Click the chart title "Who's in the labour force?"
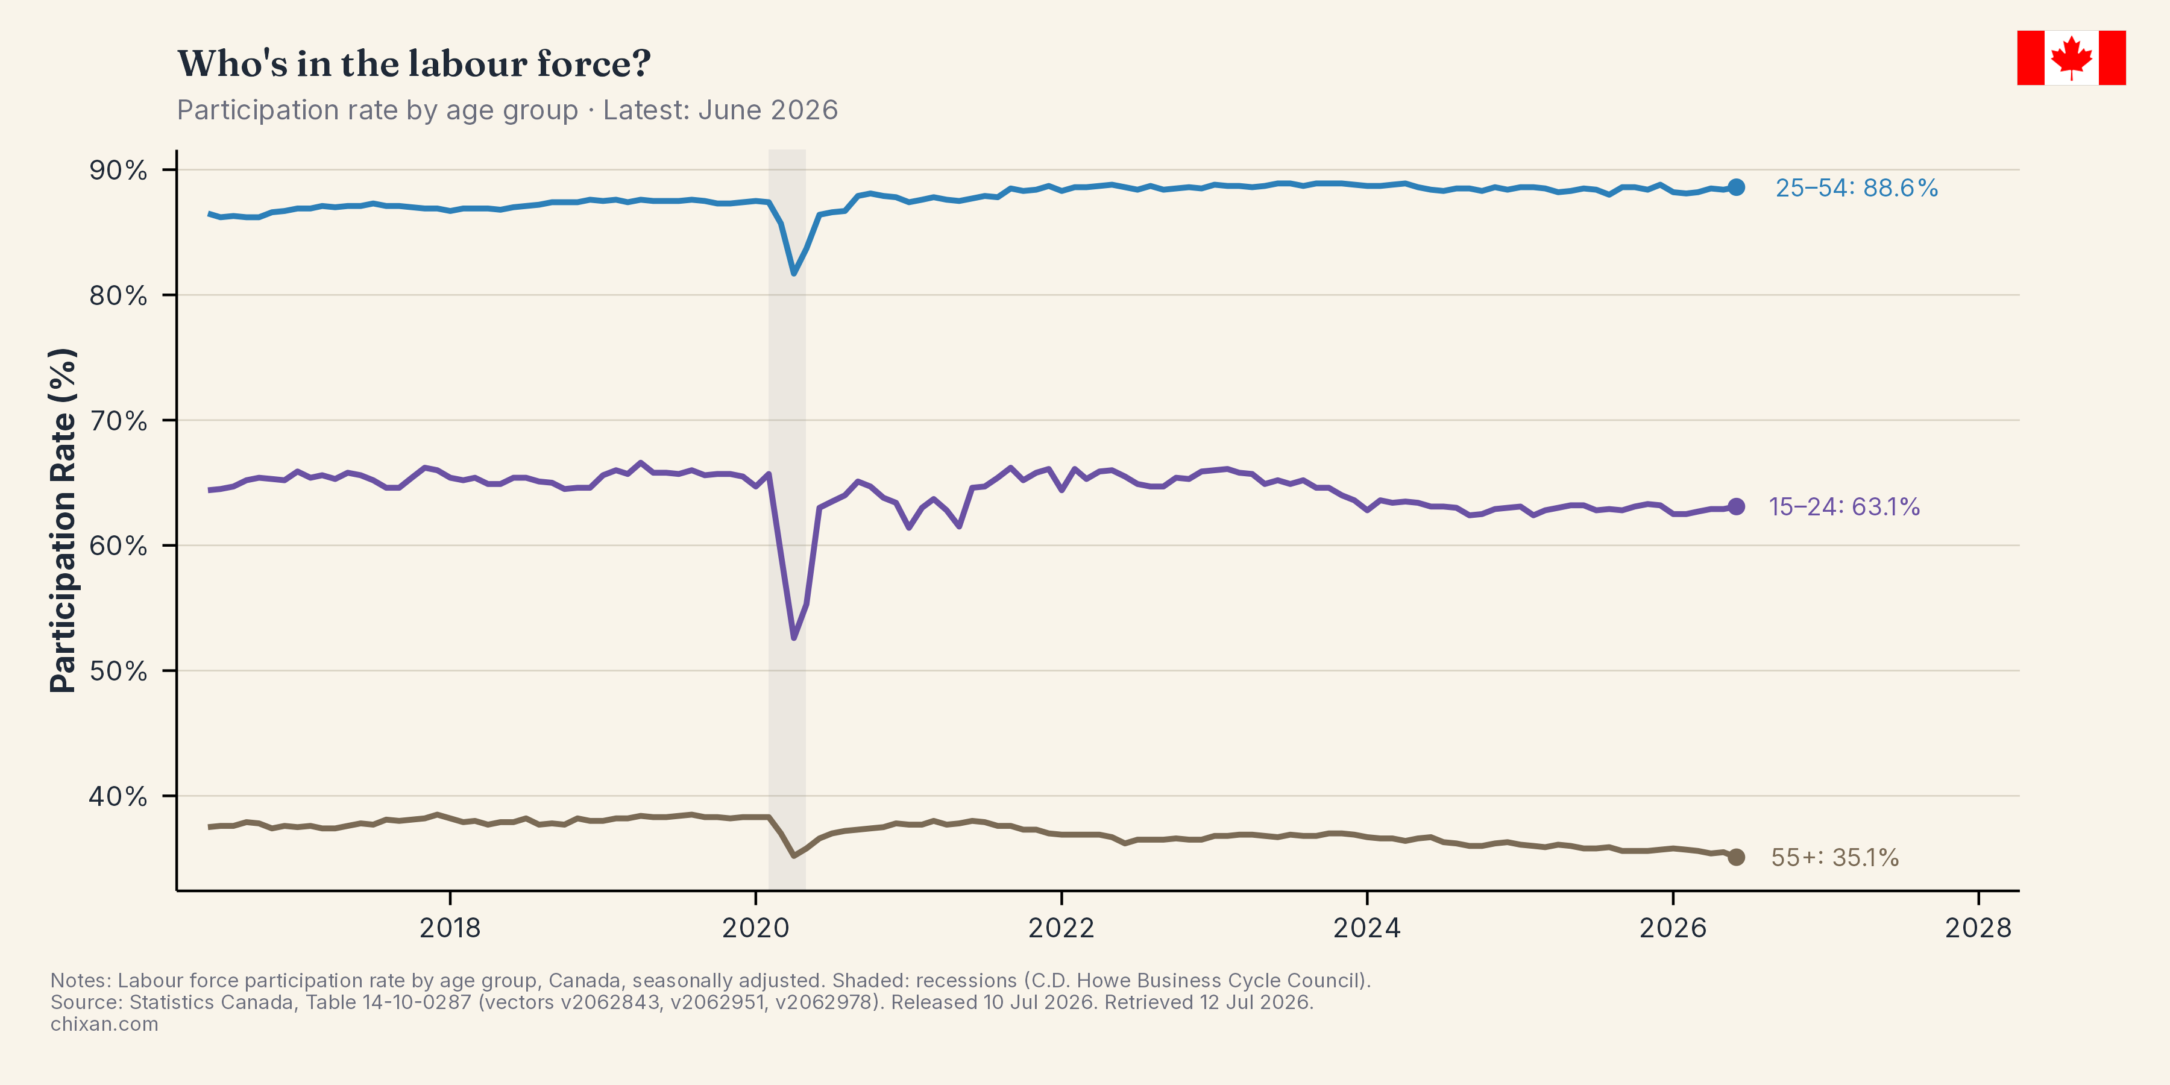point(414,64)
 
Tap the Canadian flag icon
point(2071,58)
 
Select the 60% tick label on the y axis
point(119,546)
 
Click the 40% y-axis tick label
point(119,796)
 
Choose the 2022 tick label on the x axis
point(1061,928)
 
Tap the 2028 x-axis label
point(1978,928)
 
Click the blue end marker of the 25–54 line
point(1736,187)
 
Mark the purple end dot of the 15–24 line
point(1736,506)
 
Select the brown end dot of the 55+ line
point(1736,857)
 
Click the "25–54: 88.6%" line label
point(1857,188)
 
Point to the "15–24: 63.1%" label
point(1844,506)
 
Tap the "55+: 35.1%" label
point(1835,858)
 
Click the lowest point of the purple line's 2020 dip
point(793,638)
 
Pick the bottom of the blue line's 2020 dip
point(793,273)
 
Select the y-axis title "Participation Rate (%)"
point(63,521)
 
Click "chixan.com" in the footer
point(104,1024)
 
